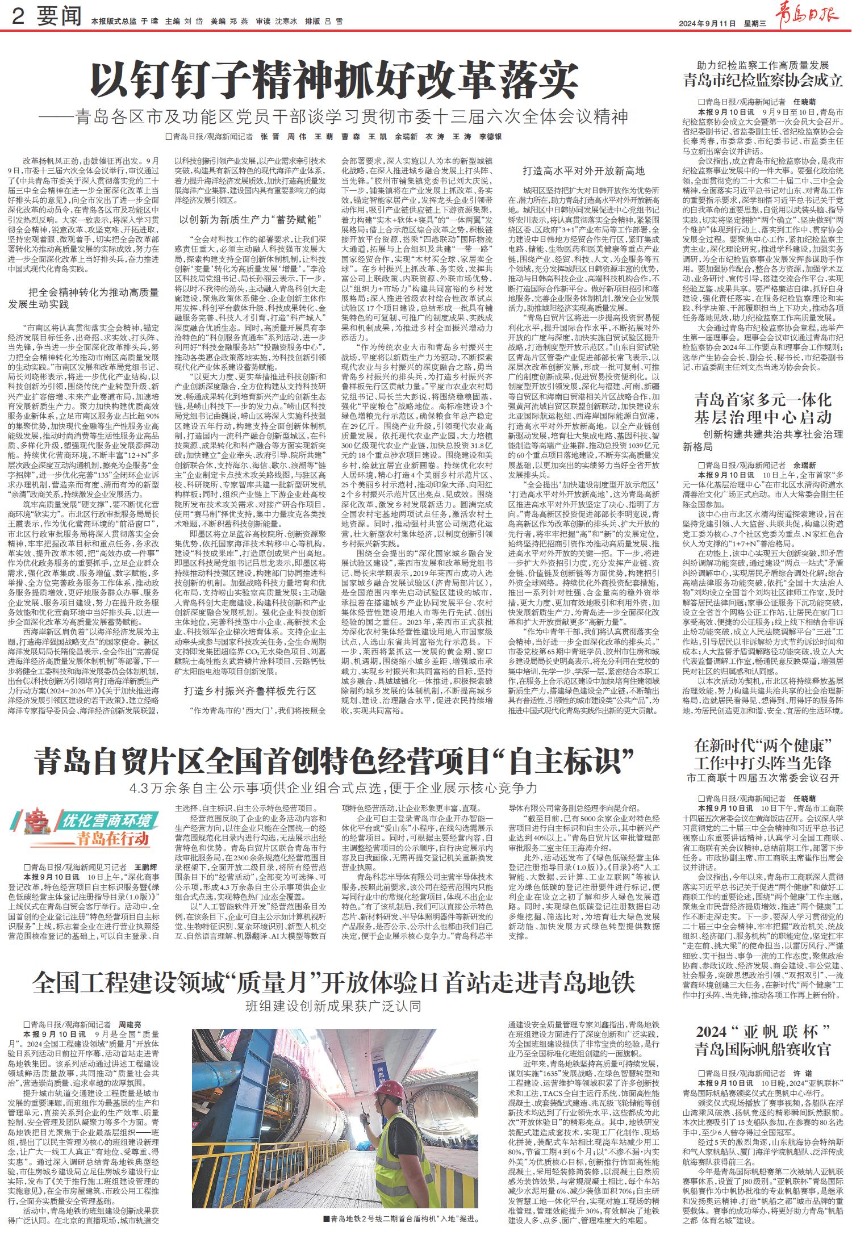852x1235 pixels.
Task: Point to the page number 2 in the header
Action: [18, 18]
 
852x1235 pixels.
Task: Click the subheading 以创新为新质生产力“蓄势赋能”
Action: [250, 219]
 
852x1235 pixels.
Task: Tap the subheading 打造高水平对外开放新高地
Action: [583, 171]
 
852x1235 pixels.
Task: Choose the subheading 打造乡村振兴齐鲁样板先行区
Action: [250, 691]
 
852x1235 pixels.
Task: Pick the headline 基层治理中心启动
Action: [763, 417]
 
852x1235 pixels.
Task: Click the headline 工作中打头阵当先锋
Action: [763, 762]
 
